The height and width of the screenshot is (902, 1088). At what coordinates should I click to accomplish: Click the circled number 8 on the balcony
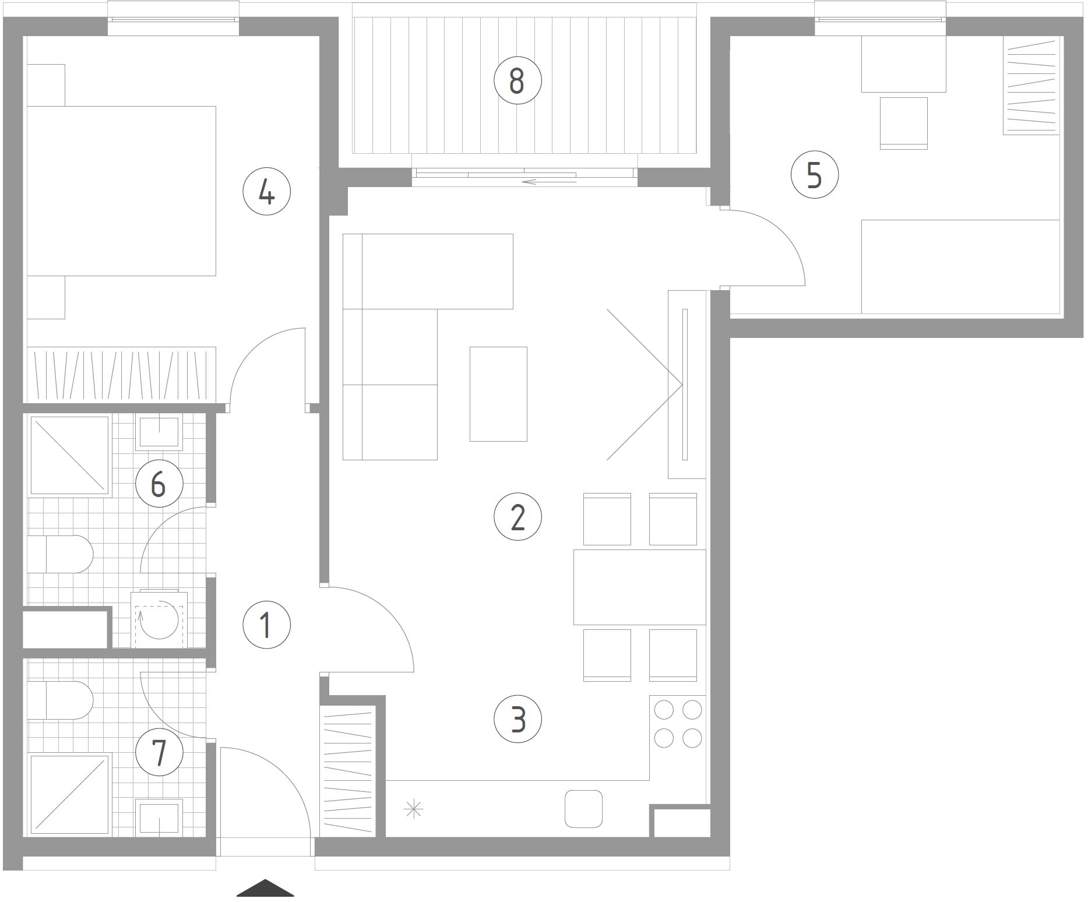pyautogui.click(x=517, y=80)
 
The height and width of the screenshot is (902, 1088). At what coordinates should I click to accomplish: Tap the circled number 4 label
pyautogui.click(x=266, y=192)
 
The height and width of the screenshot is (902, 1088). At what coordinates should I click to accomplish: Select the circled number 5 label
pyautogui.click(x=815, y=174)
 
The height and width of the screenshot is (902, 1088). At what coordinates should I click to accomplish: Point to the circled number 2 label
pyautogui.click(x=517, y=517)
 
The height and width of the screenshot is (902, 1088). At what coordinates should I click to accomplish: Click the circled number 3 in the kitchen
pyautogui.click(x=517, y=719)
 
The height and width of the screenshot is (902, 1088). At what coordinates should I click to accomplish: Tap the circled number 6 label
pyautogui.click(x=159, y=484)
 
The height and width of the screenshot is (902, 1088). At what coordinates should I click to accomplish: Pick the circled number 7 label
pyautogui.click(x=159, y=752)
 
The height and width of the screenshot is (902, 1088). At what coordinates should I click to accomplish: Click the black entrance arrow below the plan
pyautogui.click(x=265, y=887)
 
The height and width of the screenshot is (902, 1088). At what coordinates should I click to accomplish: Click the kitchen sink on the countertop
pyautogui.click(x=583, y=809)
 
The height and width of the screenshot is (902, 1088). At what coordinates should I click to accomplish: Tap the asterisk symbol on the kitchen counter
pyautogui.click(x=413, y=809)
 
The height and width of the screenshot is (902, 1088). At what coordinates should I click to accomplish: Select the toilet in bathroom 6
pyautogui.click(x=61, y=554)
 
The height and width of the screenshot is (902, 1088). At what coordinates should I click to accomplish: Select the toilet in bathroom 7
pyautogui.click(x=61, y=700)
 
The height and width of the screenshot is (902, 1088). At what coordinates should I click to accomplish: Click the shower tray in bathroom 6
pyautogui.click(x=69, y=456)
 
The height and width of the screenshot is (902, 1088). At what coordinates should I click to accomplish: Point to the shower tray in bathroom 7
pyautogui.click(x=69, y=796)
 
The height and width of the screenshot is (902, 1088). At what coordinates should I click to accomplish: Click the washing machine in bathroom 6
pyautogui.click(x=159, y=619)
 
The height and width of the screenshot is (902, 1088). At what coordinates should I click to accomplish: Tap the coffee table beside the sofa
pyautogui.click(x=498, y=394)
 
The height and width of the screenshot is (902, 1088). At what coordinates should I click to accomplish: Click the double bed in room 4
pyautogui.click(x=121, y=191)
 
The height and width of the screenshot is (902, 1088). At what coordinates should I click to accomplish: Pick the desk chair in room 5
pyautogui.click(x=903, y=124)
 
